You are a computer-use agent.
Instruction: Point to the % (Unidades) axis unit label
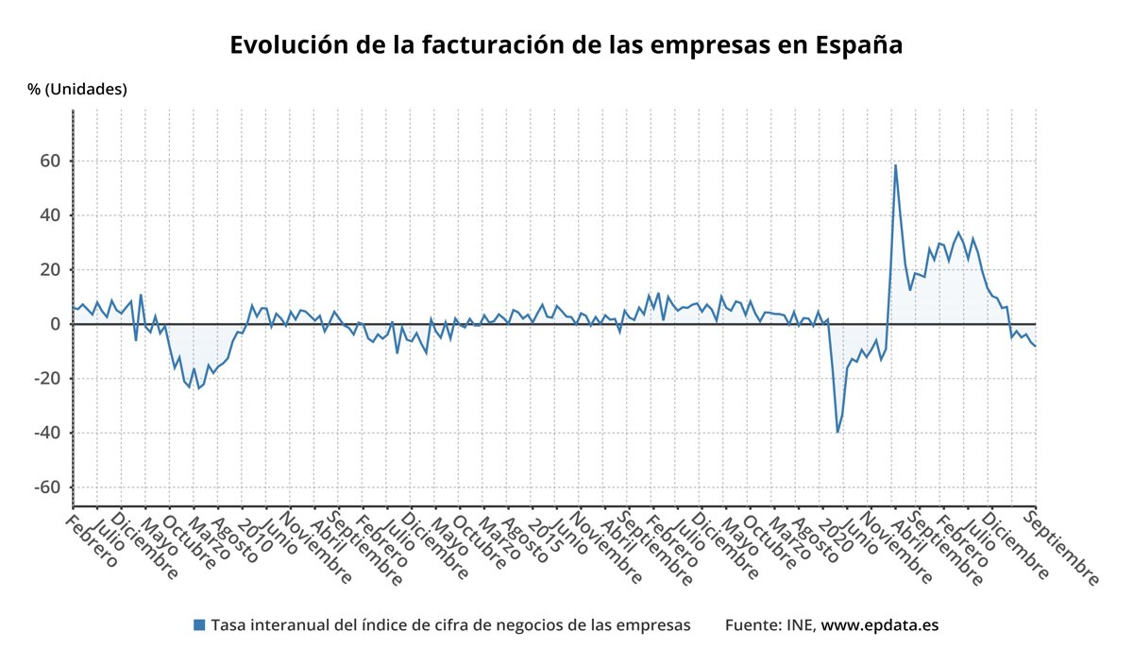[x=77, y=90]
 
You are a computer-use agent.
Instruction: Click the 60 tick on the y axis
[x=49, y=162]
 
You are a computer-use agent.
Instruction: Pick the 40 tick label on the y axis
[x=49, y=215]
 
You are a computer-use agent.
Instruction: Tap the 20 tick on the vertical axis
[x=49, y=270]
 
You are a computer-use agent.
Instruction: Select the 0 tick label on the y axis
[x=55, y=324]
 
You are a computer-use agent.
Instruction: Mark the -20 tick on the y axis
[x=45, y=379]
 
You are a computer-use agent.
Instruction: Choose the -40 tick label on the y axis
[x=45, y=433]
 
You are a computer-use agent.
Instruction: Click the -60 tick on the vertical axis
[x=45, y=487]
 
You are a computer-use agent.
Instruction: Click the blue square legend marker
[x=199, y=624]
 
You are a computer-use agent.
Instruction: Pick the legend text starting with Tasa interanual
[x=450, y=625]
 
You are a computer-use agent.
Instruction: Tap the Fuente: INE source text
[x=770, y=625]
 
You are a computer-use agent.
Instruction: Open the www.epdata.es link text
[x=880, y=625]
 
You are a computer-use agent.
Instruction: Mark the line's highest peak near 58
[x=895, y=166]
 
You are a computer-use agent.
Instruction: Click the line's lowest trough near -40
[x=837, y=433]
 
